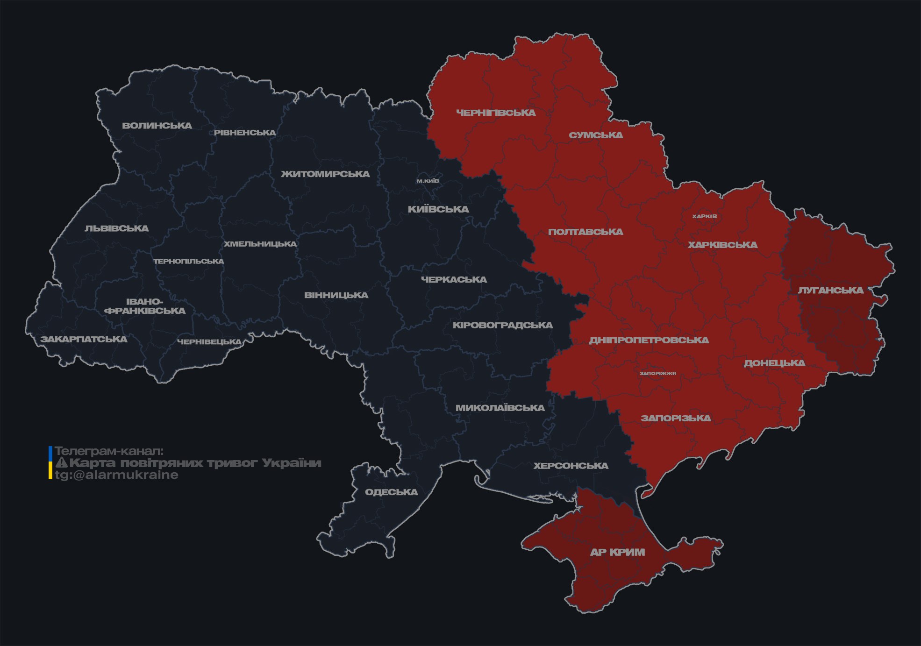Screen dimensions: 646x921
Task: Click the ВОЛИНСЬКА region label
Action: click(157, 126)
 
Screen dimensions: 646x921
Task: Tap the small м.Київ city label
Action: click(428, 181)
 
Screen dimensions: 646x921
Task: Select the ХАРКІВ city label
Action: click(704, 216)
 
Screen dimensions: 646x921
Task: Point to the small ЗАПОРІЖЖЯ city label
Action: click(657, 373)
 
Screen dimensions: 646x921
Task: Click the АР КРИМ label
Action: click(617, 552)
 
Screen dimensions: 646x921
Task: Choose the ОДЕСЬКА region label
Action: click(391, 492)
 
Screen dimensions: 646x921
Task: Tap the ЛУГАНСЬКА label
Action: click(830, 291)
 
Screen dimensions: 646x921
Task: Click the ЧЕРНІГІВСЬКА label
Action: click(496, 113)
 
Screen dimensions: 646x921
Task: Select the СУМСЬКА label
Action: click(596, 135)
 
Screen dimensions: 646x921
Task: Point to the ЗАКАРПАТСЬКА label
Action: click(84, 339)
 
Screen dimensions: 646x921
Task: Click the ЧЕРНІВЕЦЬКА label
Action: click(209, 342)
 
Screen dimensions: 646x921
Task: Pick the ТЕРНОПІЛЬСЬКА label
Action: click(189, 261)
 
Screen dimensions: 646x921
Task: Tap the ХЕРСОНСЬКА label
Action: click(571, 466)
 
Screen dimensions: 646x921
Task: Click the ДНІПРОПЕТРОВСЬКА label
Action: click(649, 340)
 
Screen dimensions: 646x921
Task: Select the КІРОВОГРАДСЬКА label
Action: click(502, 325)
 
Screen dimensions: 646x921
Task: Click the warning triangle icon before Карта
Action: click(62, 463)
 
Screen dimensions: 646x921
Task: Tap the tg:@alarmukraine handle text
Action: click(116, 475)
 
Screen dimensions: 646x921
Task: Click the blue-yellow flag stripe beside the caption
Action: click(50, 463)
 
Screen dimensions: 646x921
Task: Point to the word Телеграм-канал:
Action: click(109, 451)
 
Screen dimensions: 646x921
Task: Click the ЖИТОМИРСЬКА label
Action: click(325, 174)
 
